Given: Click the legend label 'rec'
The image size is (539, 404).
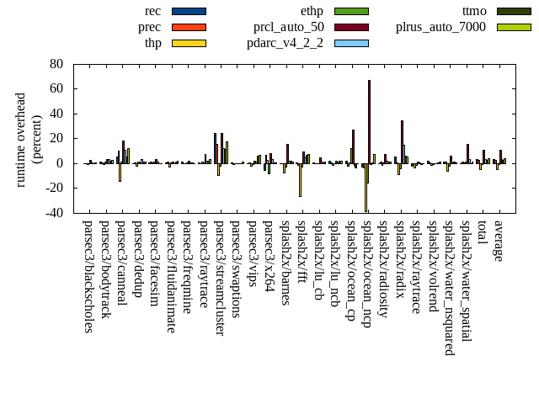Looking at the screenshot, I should click(152, 11).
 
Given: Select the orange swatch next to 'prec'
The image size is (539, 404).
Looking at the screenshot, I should click(189, 27).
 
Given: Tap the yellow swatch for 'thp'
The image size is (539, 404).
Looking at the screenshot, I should click(189, 43).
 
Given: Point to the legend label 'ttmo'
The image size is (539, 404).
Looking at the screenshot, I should click(474, 11).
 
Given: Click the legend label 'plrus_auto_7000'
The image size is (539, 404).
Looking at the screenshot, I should click(440, 27).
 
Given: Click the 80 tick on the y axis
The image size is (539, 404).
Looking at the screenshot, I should click(56, 64).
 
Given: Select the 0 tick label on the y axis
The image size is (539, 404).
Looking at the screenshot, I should click(60, 163).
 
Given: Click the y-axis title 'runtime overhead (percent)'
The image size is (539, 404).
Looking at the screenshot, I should click(28, 139).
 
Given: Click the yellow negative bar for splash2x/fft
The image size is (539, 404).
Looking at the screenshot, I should click(300, 180).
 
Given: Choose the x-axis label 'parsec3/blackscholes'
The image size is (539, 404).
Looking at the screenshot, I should click(88, 276).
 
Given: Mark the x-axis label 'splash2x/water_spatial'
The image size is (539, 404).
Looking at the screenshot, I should click(467, 281).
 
